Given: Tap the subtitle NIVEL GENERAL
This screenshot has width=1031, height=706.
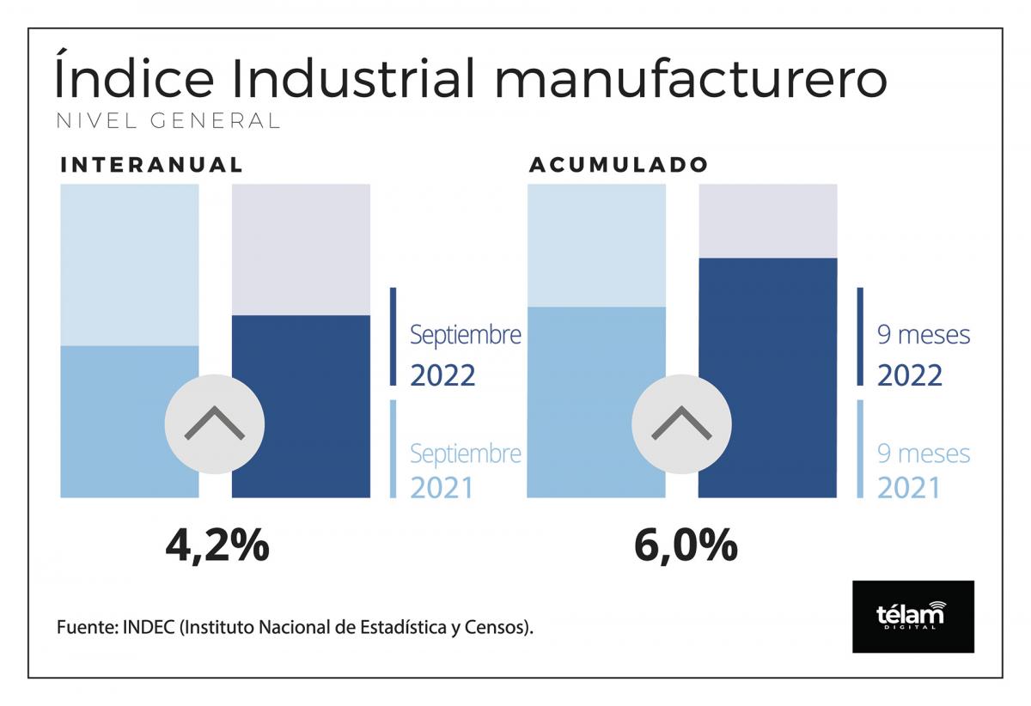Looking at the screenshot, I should [168, 121].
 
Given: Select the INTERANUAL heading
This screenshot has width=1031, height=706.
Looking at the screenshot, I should [152, 166].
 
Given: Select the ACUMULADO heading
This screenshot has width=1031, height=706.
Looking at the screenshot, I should [619, 165].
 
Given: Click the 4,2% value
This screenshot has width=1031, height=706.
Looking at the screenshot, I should [217, 545].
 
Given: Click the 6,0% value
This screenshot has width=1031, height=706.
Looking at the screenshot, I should [685, 545].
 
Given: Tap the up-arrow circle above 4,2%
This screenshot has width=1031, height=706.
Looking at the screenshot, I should [215, 424].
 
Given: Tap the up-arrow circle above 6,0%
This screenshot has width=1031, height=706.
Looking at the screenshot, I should [682, 424].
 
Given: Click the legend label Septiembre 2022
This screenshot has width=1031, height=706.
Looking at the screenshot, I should [465, 354].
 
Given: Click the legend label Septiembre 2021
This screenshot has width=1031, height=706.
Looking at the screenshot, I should [465, 470].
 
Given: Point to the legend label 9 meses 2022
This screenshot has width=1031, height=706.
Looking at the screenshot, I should [923, 354].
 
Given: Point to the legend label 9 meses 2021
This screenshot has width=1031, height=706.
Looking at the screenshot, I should [923, 470].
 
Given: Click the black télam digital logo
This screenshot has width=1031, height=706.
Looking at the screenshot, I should [912, 616].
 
